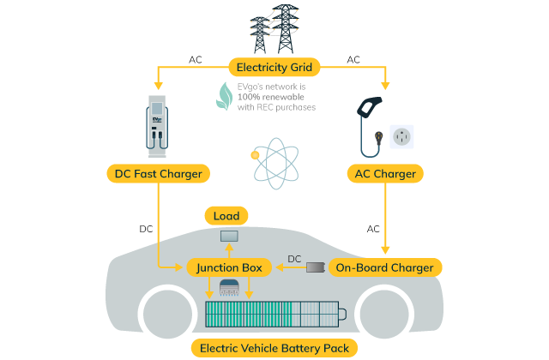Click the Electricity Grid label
click(x=274, y=65)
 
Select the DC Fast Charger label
click(x=159, y=174)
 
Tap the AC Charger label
click(x=385, y=174)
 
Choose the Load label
click(x=226, y=216)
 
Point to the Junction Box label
click(x=229, y=267)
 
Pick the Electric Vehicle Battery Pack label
click(x=274, y=348)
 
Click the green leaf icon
click(x=224, y=96)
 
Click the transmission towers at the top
click(x=274, y=27)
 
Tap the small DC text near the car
click(x=294, y=258)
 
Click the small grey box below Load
click(x=229, y=236)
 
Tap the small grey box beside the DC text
click(x=316, y=267)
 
